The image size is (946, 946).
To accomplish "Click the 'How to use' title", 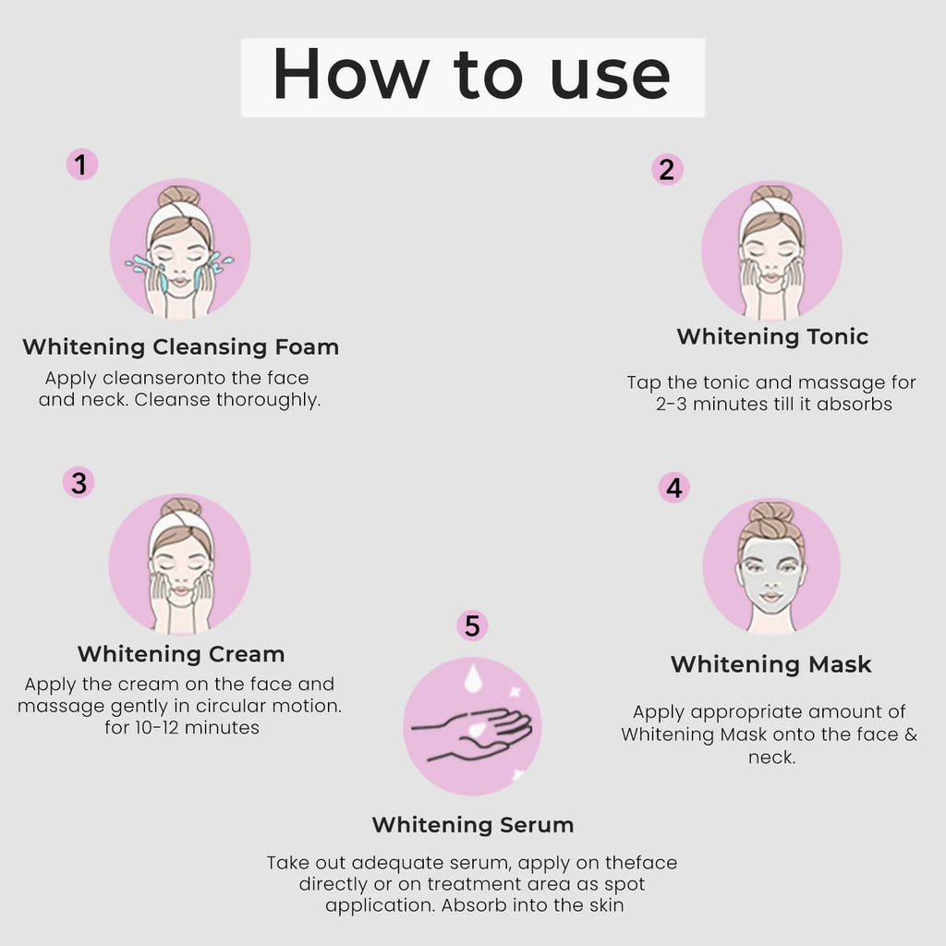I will [x=472, y=78].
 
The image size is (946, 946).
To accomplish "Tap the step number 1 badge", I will [x=81, y=165].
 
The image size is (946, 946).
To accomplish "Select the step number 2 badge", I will [x=666, y=169].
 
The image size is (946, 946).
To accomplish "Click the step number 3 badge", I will [x=79, y=482].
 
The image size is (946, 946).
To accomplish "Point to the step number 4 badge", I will [x=673, y=487].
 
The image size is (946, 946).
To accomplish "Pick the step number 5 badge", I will [x=472, y=626].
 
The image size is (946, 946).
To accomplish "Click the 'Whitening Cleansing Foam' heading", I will [x=180, y=347].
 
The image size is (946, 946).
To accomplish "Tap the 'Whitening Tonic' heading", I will [x=772, y=336].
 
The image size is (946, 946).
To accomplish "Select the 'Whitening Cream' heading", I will [x=180, y=654].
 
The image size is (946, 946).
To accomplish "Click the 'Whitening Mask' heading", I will [x=770, y=664].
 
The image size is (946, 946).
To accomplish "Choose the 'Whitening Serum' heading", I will [x=472, y=824].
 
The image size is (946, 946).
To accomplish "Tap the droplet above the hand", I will [x=473, y=680].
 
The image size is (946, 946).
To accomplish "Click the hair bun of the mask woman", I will [x=770, y=513].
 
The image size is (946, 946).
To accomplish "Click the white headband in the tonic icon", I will [x=771, y=211].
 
